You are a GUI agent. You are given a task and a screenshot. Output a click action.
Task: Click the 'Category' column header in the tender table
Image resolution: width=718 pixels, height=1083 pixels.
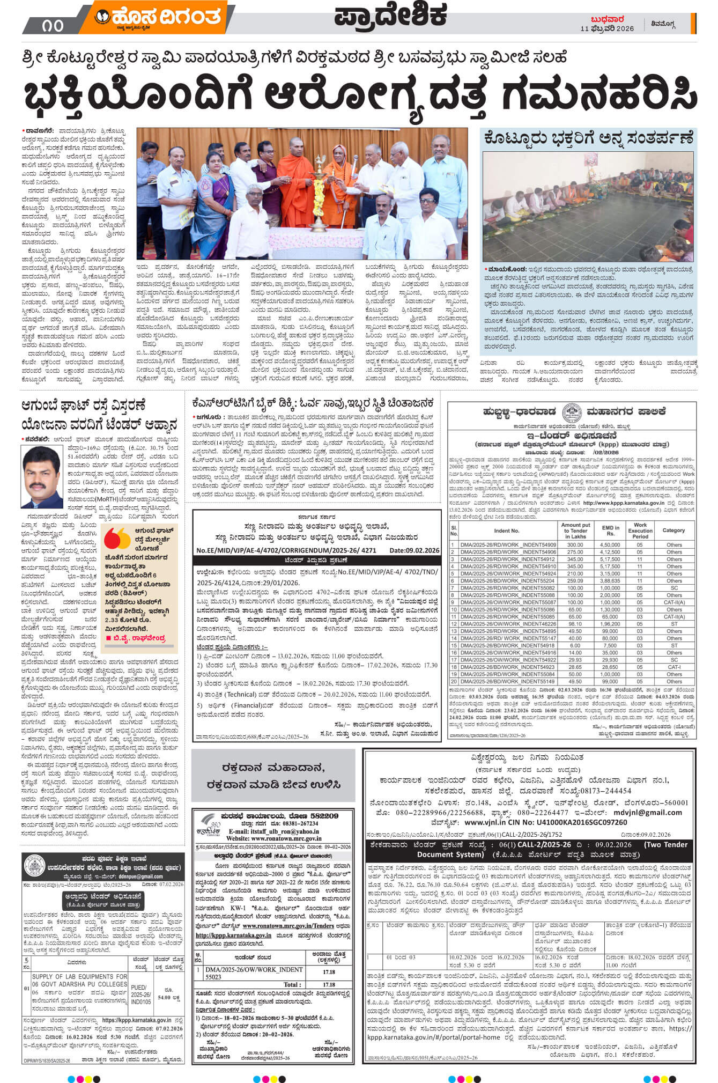pyautogui.click(x=673, y=530)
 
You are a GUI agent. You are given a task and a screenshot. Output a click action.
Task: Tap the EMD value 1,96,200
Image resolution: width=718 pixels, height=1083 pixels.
pyautogui.click(x=610, y=624)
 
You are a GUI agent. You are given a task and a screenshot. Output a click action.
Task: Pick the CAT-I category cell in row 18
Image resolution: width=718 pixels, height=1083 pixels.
pyautogui.click(x=673, y=667)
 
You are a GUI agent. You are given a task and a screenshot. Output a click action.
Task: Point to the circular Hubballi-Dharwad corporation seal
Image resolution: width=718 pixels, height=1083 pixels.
pyautogui.click(x=572, y=413)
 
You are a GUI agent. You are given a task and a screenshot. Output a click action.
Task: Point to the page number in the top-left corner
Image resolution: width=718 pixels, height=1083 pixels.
pyautogui.click(x=51, y=25)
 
